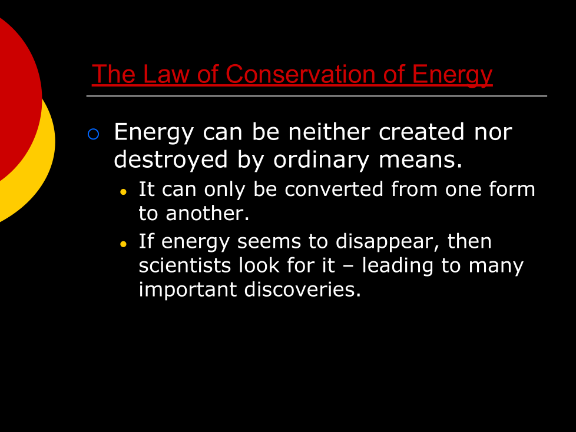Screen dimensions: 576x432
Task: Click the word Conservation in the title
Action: [x=301, y=74]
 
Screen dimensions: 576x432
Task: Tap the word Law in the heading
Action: [x=166, y=74]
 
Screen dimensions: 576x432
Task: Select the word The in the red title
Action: [x=114, y=74]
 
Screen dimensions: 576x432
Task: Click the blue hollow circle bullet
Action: [x=93, y=134]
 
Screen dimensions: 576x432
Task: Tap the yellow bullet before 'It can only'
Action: [x=123, y=192]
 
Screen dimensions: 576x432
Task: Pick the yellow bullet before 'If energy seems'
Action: [x=123, y=244]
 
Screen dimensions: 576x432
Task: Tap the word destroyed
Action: [x=171, y=159]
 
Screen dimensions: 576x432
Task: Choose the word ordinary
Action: [x=321, y=159]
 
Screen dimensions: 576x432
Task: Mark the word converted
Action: [x=333, y=190]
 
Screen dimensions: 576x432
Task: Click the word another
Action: [x=207, y=213]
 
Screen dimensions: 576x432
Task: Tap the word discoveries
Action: [x=302, y=289]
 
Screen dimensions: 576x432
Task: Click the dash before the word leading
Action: [x=349, y=267]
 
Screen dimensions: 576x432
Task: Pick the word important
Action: [x=188, y=290]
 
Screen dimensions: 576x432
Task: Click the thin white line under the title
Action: [x=317, y=96]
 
